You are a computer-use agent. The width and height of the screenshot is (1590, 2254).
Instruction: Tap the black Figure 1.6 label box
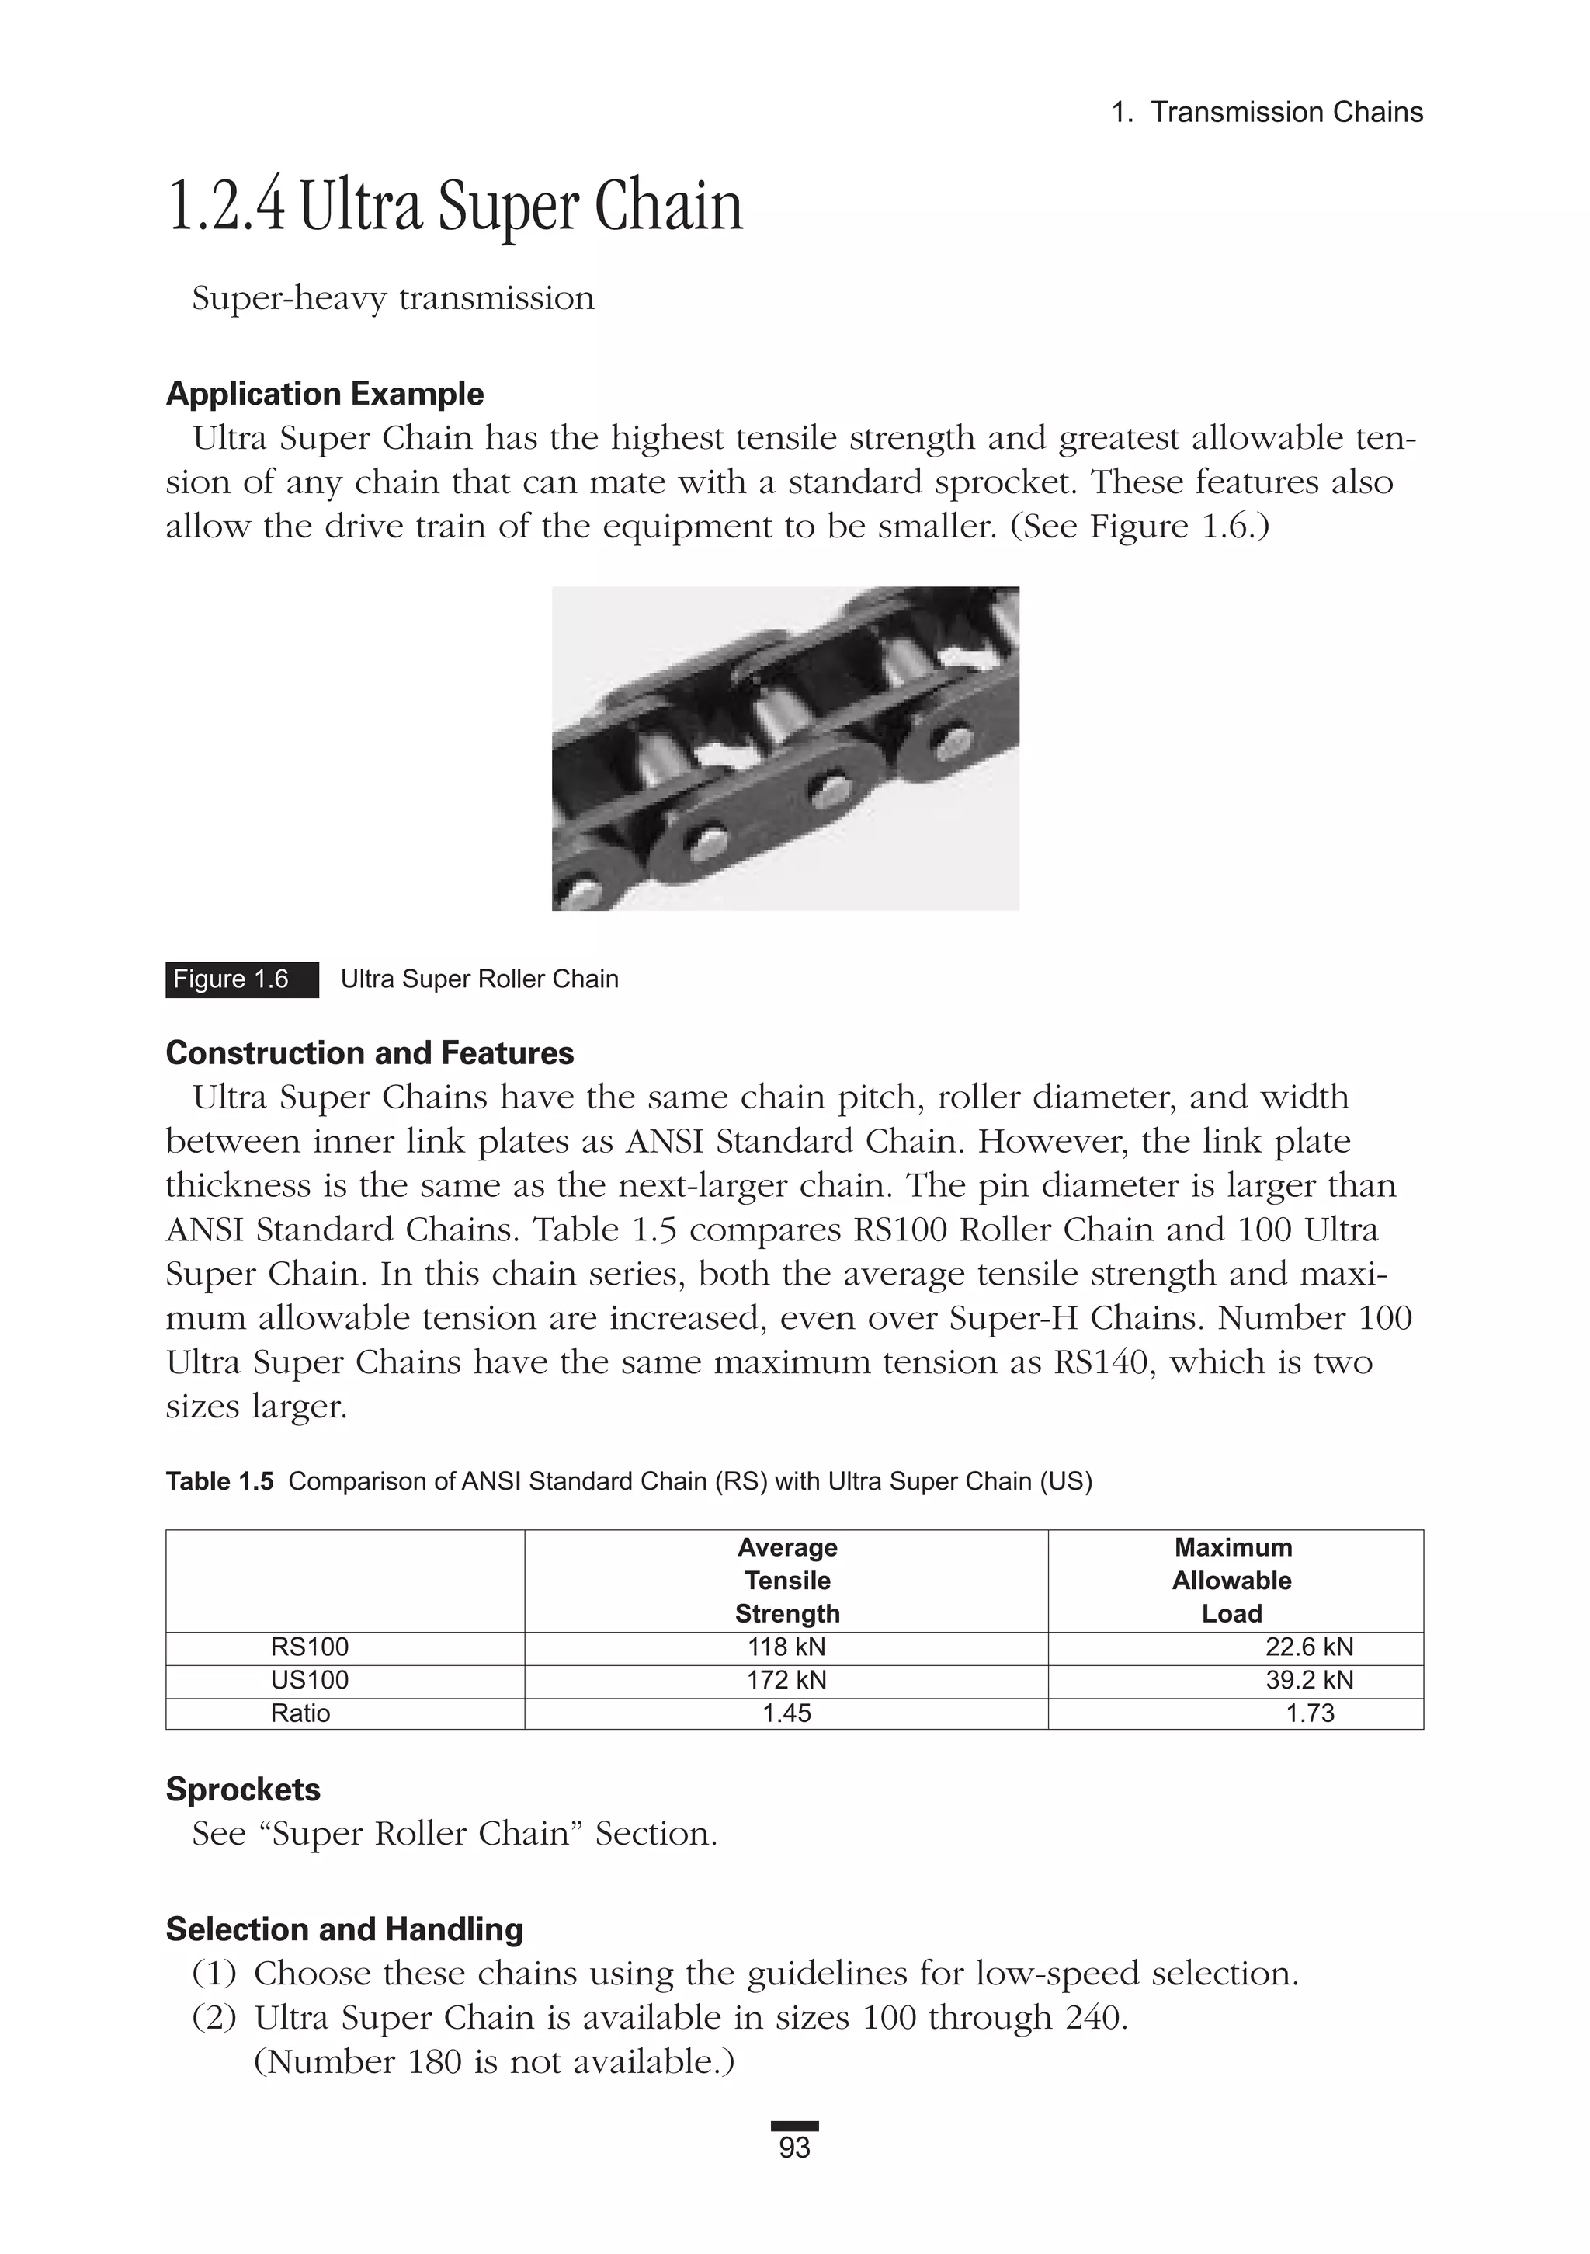pos(241,979)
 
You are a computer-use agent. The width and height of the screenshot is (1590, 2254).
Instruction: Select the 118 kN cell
pos(786,1647)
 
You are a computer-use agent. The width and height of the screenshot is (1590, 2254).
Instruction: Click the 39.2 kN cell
pos(1308,1680)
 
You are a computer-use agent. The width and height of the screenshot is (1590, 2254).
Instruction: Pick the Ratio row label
pos(300,1713)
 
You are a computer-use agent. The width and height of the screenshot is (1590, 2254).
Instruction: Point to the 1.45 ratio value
pos(786,1713)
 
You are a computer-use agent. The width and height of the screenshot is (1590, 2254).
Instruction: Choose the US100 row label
pos(309,1680)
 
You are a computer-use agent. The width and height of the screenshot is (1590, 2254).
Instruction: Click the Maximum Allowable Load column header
pos(1233,1581)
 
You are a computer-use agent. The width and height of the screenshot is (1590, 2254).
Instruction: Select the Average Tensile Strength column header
pos(786,1581)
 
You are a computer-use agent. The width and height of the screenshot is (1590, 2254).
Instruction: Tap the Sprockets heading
pos(242,1789)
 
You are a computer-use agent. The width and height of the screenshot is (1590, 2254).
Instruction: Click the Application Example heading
pos(325,394)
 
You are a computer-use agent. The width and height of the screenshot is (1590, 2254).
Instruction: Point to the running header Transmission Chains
pos(1286,112)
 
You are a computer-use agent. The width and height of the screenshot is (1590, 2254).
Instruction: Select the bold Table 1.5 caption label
pos(220,1481)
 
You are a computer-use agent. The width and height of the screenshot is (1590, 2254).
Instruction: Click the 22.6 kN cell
pos(1308,1647)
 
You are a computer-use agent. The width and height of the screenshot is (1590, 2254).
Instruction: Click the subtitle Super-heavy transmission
pos(393,297)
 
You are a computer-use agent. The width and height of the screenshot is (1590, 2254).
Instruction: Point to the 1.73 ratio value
pos(1309,1713)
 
